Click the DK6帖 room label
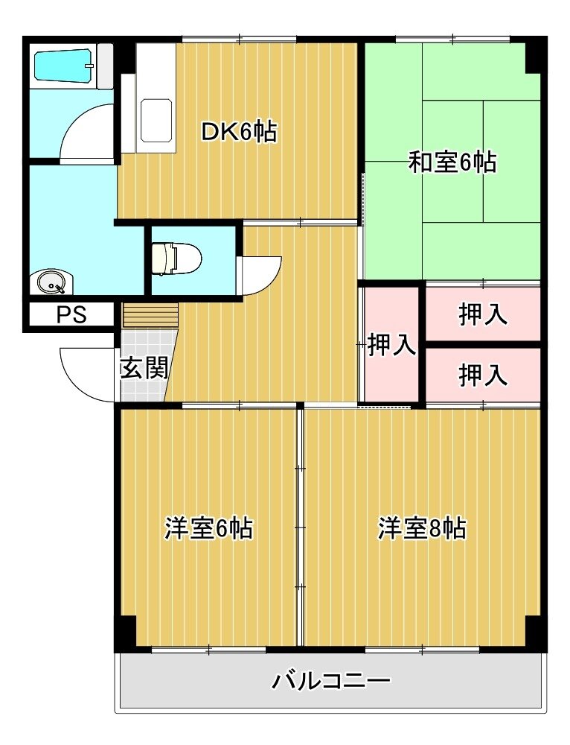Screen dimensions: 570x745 [x=239, y=131]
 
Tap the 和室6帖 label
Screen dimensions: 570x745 [x=452, y=162]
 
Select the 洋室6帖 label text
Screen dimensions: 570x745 [x=208, y=528]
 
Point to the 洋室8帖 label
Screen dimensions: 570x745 [x=422, y=528]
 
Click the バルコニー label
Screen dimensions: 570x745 [x=331, y=681]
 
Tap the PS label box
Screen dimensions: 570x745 [x=71, y=314]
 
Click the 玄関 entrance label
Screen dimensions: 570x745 [x=144, y=367]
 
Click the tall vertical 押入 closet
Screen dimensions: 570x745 [x=391, y=344]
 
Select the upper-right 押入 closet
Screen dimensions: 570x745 [x=483, y=314]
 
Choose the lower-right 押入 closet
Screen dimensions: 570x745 [x=483, y=375]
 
